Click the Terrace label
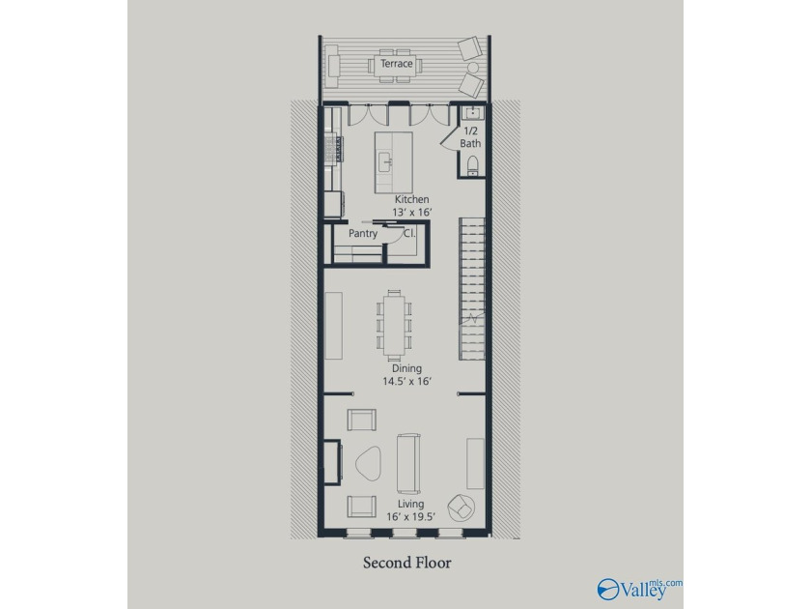pyautogui.click(x=397, y=64)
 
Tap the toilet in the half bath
pyautogui.click(x=472, y=165)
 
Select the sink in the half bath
pyautogui.click(x=472, y=113)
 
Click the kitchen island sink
pyautogui.click(x=385, y=162)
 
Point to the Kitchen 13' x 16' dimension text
pyautogui.click(x=411, y=206)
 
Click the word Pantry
pyautogui.click(x=363, y=234)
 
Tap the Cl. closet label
pyautogui.click(x=409, y=233)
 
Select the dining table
pyautogui.click(x=394, y=325)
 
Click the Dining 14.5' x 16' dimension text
pyautogui.click(x=407, y=375)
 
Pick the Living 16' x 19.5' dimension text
pyautogui.click(x=410, y=510)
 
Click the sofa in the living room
pyautogui.click(x=408, y=463)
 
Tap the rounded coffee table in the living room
pyautogui.click(x=368, y=464)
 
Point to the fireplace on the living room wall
pyautogui.click(x=332, y=461)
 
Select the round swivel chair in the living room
pyautogui.click(x=461, y=507)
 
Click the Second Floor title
pyautogui.click(x=407, y=563)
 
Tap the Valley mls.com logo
pyautogui.click(x=639, y=590)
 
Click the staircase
pyautogui.click(x=472, y=288)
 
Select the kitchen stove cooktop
pyautogui.click(x=334, y=148)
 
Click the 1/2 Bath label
pyautogui.click(x=471, y=137)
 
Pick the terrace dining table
pyautogui.click(x=395, y=66)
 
